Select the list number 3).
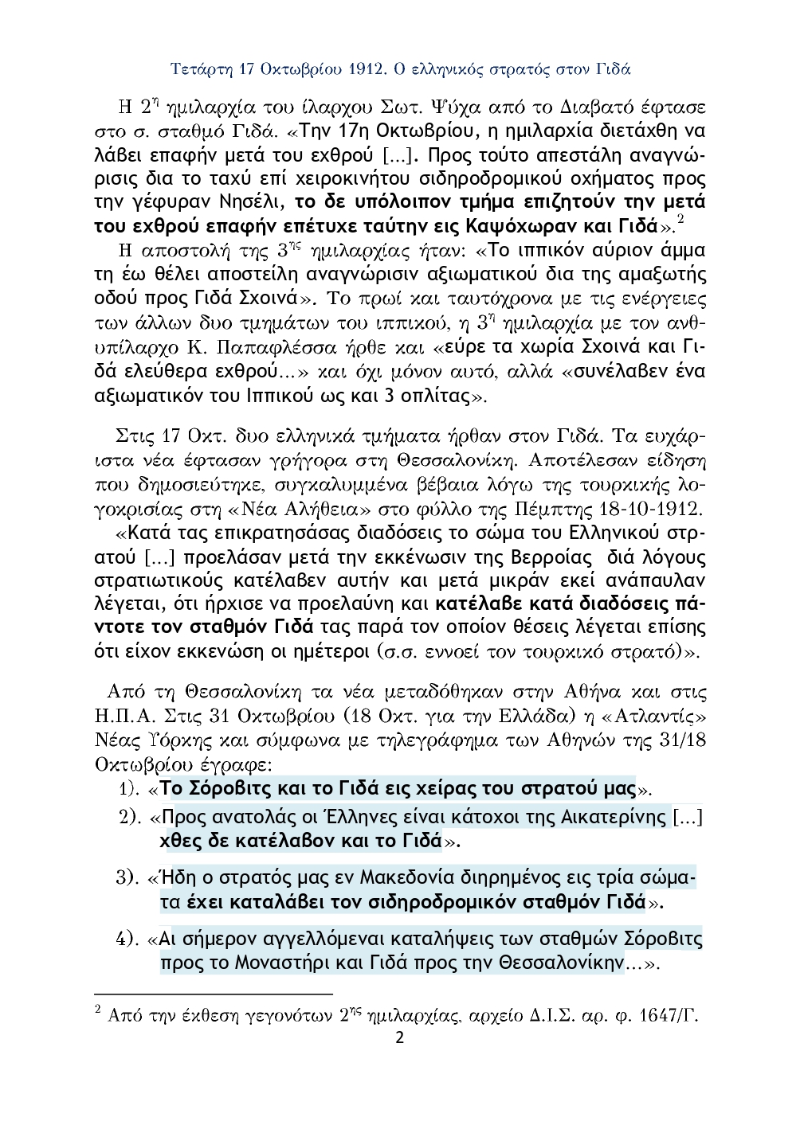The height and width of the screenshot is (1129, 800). click(x=129, y=879)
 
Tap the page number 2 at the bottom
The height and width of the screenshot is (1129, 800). click(x=400, y=1037)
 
